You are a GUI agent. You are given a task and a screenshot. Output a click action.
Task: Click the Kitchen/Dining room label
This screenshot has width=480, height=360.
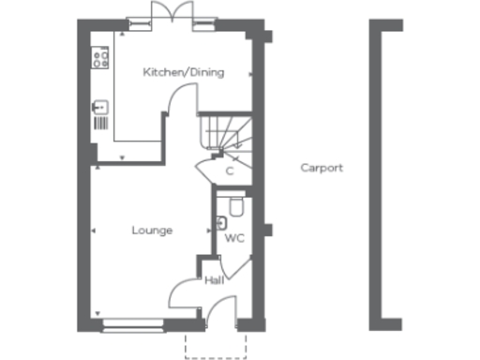point(183,72)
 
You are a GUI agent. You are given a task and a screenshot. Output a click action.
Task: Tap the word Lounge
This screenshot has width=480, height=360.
point(152,230)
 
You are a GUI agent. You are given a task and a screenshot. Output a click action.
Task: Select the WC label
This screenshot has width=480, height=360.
point(234,238)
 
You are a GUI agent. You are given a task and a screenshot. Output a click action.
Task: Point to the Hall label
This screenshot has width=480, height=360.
point(213,279)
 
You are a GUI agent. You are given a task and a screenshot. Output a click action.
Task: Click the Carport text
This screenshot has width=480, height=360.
point(322,169)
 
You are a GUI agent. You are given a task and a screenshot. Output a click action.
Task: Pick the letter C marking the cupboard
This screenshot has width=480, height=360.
point(229,172)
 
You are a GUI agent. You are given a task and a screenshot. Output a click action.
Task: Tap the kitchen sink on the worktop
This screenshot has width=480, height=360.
point(98,109)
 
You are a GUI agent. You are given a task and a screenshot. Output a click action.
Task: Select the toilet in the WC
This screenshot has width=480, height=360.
point(235,204)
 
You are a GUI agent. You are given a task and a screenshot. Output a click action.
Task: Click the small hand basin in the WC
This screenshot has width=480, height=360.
point(220,223)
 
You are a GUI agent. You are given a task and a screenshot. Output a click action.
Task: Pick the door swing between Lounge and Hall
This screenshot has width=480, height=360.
point(183,292)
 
